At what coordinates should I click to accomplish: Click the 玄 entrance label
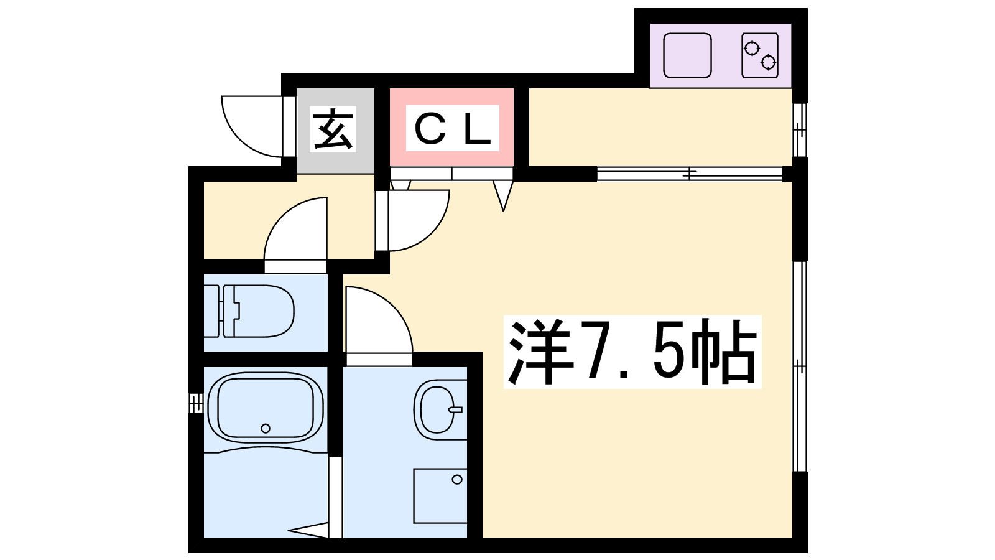(x=334, y=129)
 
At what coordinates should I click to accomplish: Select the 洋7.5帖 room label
(x=632, y=352)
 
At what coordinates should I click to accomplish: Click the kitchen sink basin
(x=687, y=55)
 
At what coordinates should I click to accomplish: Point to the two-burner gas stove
(x=760, y=55)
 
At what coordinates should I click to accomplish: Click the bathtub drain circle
(x=266, y=428)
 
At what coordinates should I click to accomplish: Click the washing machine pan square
(x=440, y=495)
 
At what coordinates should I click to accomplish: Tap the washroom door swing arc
(x=376, y=324)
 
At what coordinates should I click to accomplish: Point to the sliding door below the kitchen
(x=689, y=174)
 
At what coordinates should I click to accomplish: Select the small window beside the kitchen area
(x=800, y=129)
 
